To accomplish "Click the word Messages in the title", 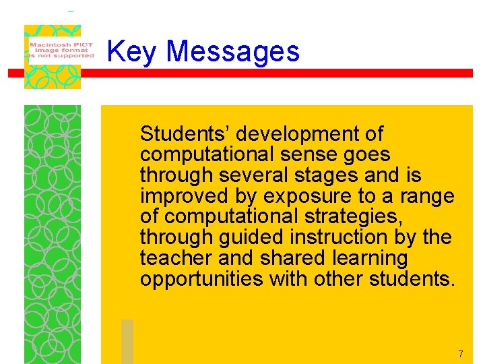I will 232,52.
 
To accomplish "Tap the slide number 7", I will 461,354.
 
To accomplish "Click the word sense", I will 309,154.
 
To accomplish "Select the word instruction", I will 316,237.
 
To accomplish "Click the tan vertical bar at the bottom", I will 127,341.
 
